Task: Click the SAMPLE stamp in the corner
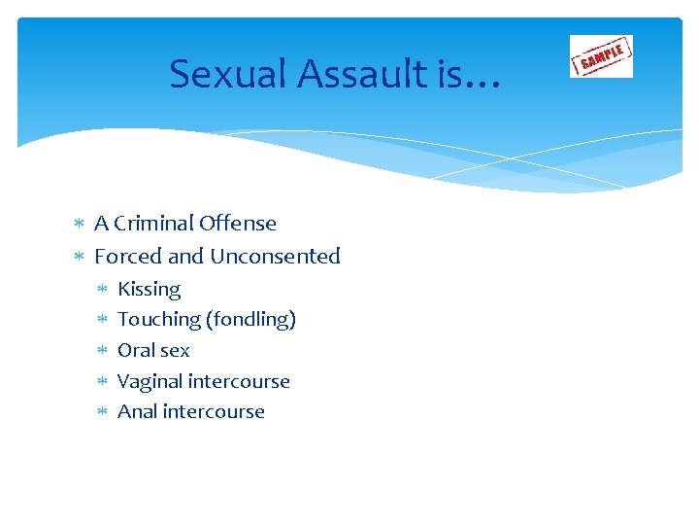tap(601, 56)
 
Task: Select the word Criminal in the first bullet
tap(155, 224)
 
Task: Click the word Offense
tap(238, 224)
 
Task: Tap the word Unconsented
tap(275, 257)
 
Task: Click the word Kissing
tap(149, 289)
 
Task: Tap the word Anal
tap(137, 411)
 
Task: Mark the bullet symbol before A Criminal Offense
tap(79, 225)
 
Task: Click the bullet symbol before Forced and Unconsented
tap(79, 258)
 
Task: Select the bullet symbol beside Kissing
tap(102, 290)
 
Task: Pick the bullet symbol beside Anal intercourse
tap(102, 412)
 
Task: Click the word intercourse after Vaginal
tap(242, 381)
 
